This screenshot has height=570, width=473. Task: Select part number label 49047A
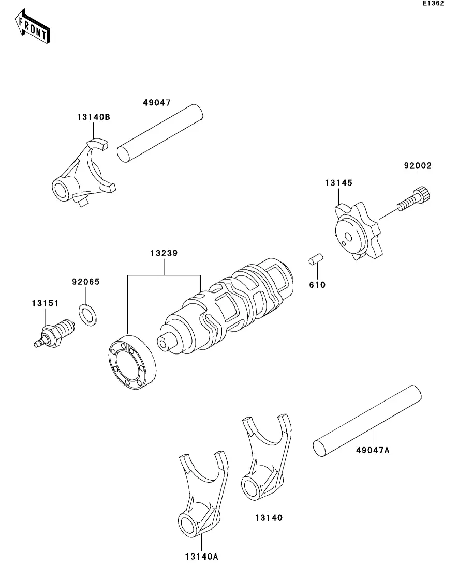pos(372,450)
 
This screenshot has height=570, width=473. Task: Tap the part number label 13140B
pos(93,117)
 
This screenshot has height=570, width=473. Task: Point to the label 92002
pos(417,166)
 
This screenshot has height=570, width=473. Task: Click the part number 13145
pos(338,182)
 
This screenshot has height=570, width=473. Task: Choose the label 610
pos(317,285)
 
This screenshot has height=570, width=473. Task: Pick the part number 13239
pos(165,253)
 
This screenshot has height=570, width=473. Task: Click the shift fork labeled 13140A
pos(201,496)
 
